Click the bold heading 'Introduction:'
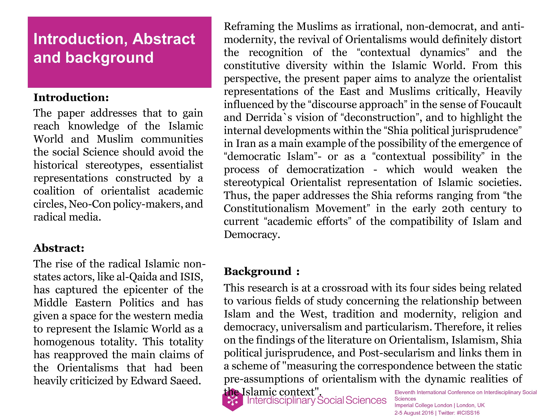coord(71,97)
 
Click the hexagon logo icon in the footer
coord(232,400)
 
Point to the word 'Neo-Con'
coord(90,204)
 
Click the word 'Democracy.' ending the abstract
coord(252,235)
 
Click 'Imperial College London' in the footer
coord(423,405)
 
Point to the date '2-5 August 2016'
coord(414,413)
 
